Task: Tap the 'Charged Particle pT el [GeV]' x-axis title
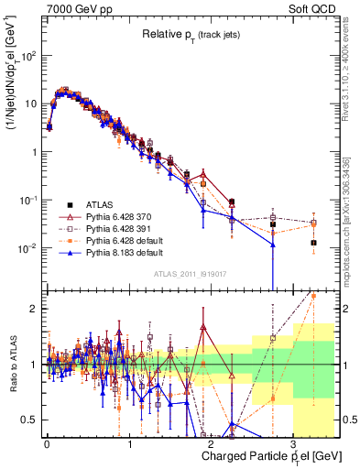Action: (267, 456)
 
